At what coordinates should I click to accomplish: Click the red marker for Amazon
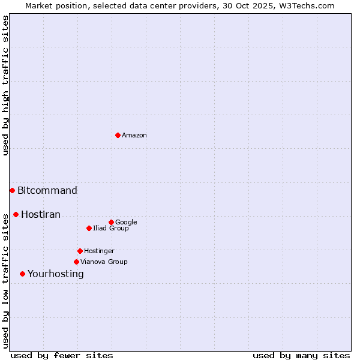tap(118, 135)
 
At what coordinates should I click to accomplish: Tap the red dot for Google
tap(111, 222)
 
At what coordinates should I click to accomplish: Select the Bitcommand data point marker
tap(12, 190)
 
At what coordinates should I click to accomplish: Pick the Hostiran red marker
tap(16, 214)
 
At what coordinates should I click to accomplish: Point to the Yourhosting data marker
tap(22, 274)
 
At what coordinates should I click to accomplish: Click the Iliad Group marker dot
tap(89, 228)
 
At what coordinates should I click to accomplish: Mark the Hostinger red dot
tap(80, 251)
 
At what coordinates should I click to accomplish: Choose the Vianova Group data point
tap(76, 262)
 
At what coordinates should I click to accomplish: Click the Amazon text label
tap(134, 136)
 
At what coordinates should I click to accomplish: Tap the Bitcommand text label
tap(47, 191)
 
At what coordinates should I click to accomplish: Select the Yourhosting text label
tap(56, 274)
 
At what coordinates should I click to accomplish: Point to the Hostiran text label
tap(41, 215)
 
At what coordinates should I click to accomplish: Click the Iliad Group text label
tap(111, 229)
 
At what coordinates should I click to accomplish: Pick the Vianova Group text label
tap(104, 262)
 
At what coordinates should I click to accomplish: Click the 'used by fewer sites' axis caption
tap(62, 356)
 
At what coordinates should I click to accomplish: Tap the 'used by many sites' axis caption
tap(301, 356)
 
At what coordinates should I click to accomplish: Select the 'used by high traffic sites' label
tap(5, 85)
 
